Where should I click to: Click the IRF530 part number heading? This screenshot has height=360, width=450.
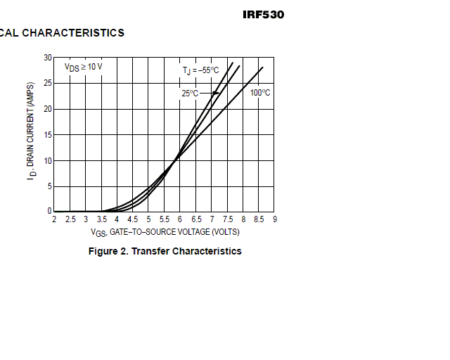[263, 14]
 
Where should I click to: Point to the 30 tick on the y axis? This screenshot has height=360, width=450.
[47, 58]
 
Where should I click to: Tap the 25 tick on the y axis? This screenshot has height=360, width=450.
[47, 83]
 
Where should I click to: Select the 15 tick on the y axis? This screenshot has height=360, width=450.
[47, 134]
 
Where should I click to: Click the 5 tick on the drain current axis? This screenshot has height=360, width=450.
[49, 186]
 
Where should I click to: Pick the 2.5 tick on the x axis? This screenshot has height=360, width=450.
[70, 219]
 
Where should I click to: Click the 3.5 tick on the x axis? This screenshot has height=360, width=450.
[101, 219]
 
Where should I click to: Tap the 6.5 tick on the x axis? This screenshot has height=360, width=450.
[195, 219]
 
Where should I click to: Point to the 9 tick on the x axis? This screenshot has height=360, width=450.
[274, 219]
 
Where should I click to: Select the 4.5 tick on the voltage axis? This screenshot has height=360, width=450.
[133, 219]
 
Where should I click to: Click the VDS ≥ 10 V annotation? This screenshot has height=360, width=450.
[84, 67]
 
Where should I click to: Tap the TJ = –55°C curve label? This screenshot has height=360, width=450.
[201, 70]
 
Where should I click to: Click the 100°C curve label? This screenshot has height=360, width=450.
[260, 93]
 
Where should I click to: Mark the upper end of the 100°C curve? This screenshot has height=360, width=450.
[262, 67]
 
